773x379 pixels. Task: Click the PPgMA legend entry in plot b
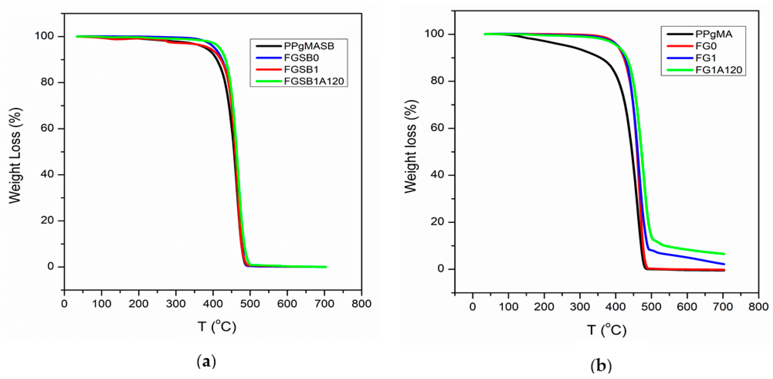click(x=713, y=34)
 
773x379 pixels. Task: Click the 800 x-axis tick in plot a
click(x=361, y=304)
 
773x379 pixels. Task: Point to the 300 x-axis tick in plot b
click(x=580, y=307)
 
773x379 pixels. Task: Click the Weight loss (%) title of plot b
click(x=411, y=147)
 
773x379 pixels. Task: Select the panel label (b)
click(x=601, y=366)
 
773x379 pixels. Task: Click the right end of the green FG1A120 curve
click(x=724, y=254)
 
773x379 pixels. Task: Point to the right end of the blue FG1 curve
click(x=724, y=264)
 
